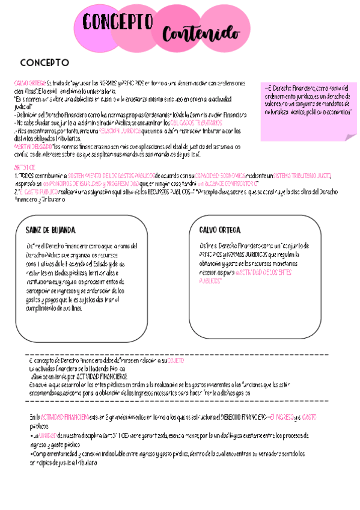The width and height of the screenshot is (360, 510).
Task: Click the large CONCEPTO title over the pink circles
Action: [118, 23]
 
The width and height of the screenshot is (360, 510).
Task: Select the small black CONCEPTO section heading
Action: [44, 63]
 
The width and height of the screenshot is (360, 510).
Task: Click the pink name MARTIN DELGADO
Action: [32, 146]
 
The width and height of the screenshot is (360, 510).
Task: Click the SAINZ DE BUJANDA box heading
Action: [50, 230]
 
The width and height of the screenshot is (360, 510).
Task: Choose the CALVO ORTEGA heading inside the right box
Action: [220, 230]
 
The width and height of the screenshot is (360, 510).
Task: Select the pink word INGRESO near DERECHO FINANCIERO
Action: [282, 416]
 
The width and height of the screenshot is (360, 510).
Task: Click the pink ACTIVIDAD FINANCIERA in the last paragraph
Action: [65, 416]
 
